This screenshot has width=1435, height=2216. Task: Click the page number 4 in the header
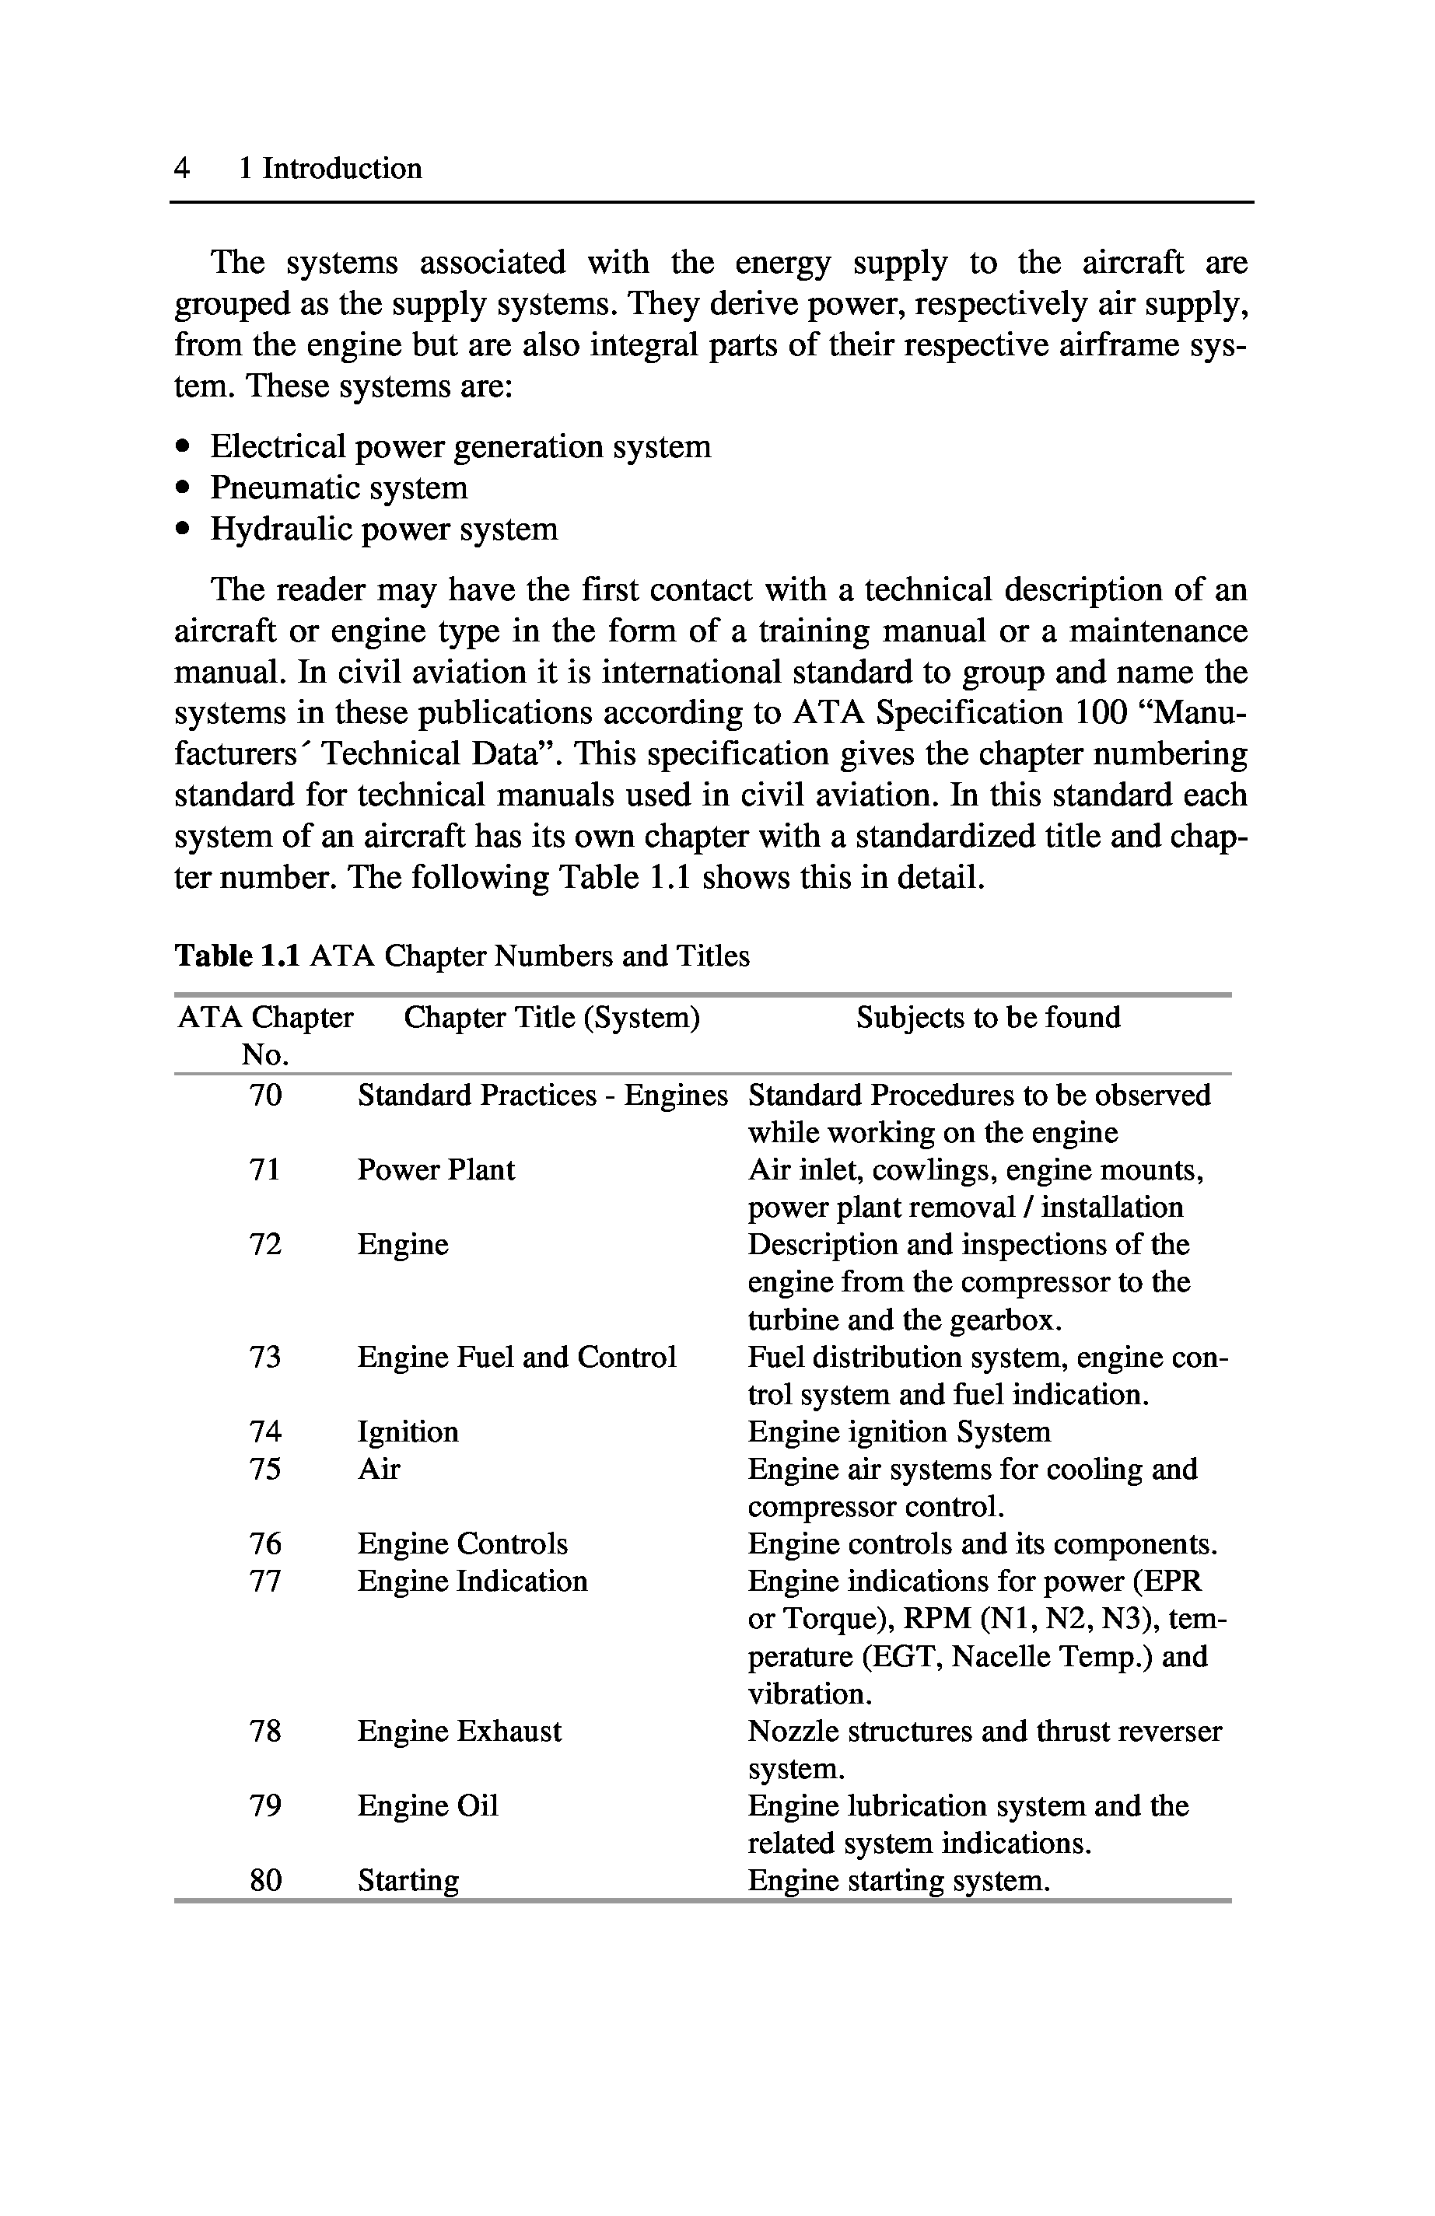pyautogui.click(x=181, y=169)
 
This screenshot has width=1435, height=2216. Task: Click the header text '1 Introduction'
pyautogui.click(x=330, y=169)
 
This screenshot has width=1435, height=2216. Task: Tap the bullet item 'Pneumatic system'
pyautogui.click(x=339, y=488)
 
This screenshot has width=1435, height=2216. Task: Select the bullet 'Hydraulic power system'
pyautogui.click(x=383, y=529)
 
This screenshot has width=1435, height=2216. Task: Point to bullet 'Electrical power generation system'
pyautogui.click(x=460, y=447)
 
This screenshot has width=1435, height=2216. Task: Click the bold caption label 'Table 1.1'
pyautogui.click(x=237, y=956)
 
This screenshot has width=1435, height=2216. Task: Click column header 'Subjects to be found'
pyautogui.click(x=987, y=1018)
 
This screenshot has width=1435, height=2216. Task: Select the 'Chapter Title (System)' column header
pyautogui.click(x=551, y=1018)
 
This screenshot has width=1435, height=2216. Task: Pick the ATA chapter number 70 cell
pyautogui.click(x=265, y=1095)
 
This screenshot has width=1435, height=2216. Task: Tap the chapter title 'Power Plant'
pyautogui.click(x=436, y=1169)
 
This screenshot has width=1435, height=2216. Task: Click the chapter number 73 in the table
pyautogui.click(x=265, y=1358)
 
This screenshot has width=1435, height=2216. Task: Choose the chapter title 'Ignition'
pyautogui.click(x=408, y=1432)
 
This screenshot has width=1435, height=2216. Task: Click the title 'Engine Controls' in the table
pyautogui.click(x=462, y=1543)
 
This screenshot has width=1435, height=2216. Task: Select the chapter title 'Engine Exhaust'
pyautogui.click(x=459, y=1731)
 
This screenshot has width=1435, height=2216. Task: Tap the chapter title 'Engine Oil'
pyautogui.click(x=428, y=1805)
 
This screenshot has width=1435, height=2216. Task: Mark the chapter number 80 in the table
pyautogui.click(x=265, y=1881)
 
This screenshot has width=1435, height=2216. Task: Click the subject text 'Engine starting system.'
pyautogui.click(x=898, y=1881)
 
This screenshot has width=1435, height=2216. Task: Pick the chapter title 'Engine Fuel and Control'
pyautogui.click(x=516, y=1358)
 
